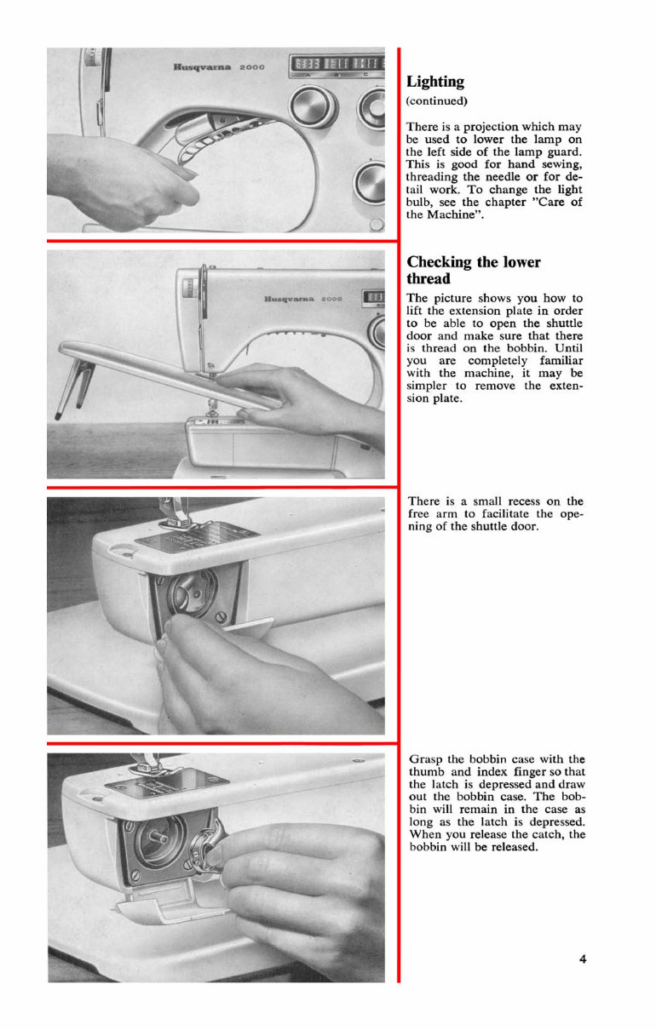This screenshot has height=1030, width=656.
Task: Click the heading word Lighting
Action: (435, 82)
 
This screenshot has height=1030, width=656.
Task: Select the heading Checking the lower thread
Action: (473, 270)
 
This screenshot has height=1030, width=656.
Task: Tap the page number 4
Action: (583, 959)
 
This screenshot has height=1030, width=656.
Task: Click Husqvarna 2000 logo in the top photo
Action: (219, 66)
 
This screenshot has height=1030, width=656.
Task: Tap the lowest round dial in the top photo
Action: (371, 181)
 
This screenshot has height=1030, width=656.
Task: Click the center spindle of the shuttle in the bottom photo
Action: (160, 843)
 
